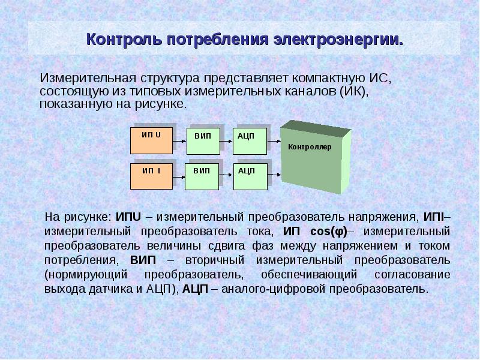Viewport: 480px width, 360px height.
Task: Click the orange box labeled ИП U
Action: point(152,141)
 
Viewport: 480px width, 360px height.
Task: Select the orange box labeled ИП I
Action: point(152,176)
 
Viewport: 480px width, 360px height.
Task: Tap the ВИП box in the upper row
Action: point(203,142)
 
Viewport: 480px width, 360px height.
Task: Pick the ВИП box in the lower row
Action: point(202,176)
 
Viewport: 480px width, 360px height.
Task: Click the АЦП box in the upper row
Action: point(250,142)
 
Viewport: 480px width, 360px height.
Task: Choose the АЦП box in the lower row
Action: point(250,176)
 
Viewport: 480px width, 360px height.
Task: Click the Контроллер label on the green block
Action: point(310,147)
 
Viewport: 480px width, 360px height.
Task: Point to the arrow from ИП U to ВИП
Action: point(179,142)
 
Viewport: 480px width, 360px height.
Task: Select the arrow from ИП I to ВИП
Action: point(179,177)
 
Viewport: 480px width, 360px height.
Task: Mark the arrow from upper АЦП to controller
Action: point(274,142)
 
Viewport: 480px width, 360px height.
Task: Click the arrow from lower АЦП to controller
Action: point(274,175)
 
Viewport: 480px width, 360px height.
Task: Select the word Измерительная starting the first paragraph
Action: point(88,78)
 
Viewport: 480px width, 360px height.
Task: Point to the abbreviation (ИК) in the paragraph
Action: point(353,91)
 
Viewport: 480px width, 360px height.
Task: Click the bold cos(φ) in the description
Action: point(329,232)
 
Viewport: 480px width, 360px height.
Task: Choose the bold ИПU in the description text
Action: point(128,217)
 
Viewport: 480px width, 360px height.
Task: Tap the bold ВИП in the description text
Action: point(143,260)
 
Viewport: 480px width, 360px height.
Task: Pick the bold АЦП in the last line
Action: point(196,289)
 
